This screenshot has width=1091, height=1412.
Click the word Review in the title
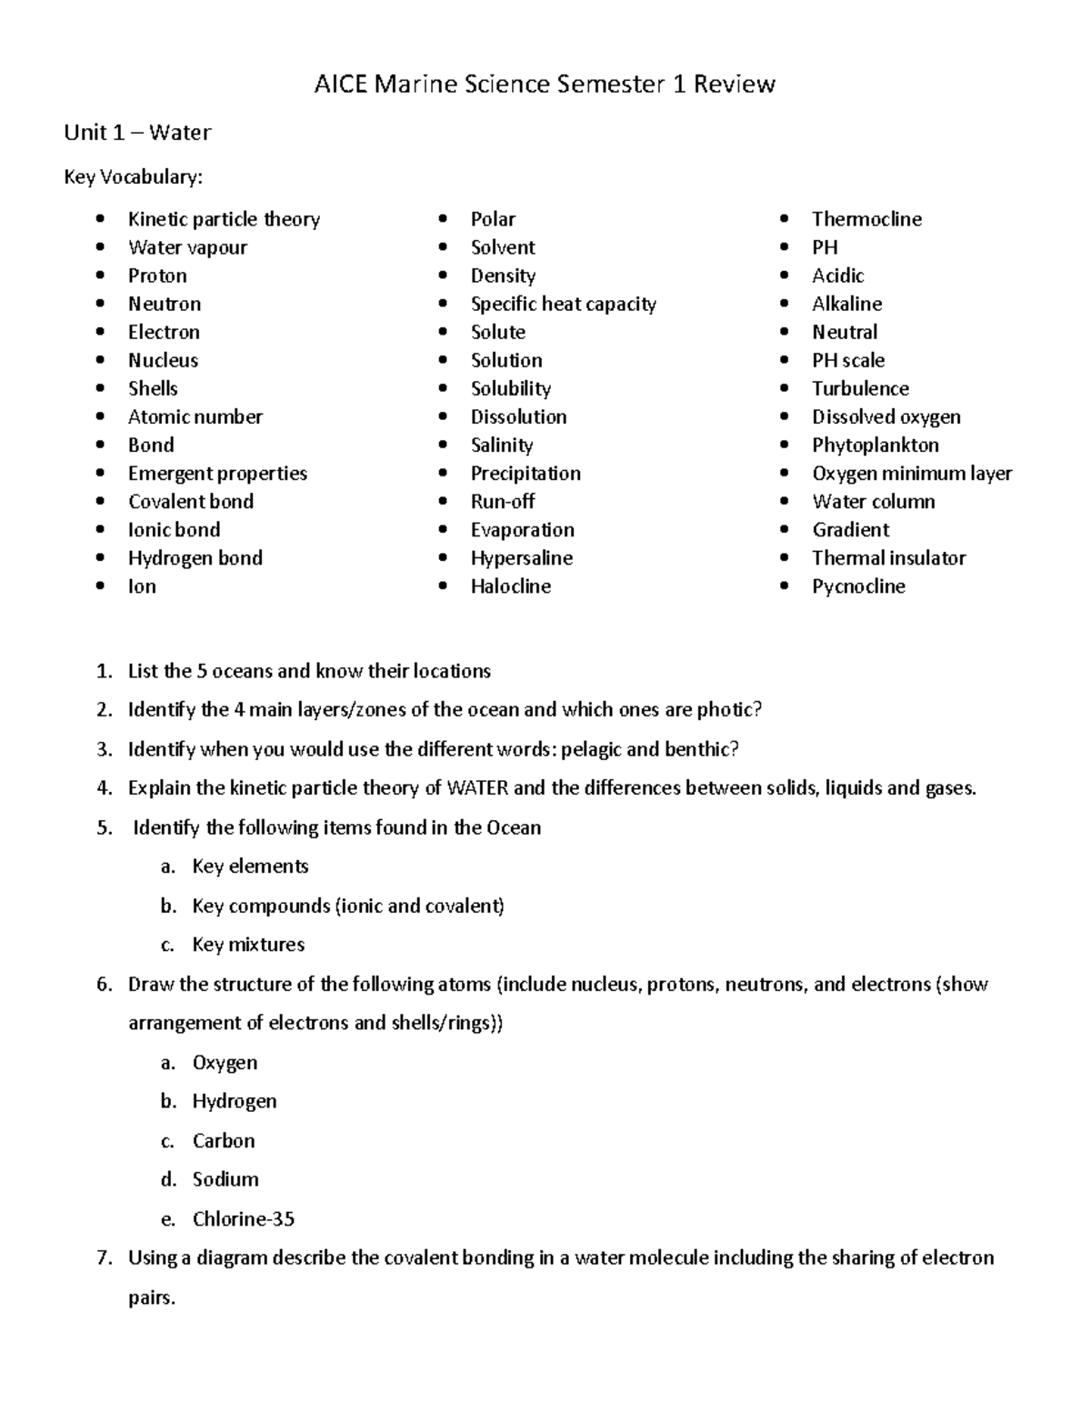pos(734,85)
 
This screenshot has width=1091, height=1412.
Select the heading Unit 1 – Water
pos(137,133)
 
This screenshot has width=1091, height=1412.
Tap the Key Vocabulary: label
pos(133,176)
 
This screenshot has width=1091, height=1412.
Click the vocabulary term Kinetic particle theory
pos(224,219)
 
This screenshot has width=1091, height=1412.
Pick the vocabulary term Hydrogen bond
pos(195,558)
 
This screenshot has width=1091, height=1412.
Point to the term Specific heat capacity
pos(563,304)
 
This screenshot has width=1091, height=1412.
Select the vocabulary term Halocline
pos(510,586)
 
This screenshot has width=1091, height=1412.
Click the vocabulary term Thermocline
pos(866,219)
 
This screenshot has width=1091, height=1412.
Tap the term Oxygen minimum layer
pos(911,474)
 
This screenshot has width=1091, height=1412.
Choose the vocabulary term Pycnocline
pos(858,586)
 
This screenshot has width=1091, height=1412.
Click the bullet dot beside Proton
pos(101,275)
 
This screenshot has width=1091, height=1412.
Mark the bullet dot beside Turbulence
pos(785,388)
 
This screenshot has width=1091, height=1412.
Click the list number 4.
pos(104,788)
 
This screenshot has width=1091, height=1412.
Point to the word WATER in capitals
pos(477,788)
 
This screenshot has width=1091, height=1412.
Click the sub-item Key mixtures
pos(248,945)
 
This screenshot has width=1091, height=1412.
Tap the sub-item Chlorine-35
pos(243,1219)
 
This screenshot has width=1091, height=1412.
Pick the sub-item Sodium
pos(225,1179)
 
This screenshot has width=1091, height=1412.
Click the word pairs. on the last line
pos(151,1297)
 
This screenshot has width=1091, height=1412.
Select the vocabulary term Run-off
pos(502,502)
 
